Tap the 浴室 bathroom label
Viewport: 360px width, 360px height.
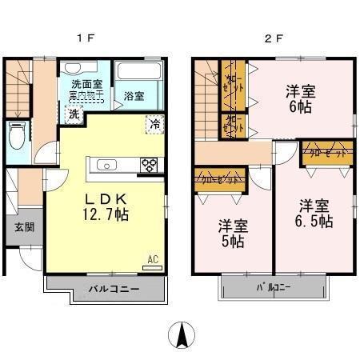(134, 96)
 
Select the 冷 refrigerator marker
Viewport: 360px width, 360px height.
(154, 124)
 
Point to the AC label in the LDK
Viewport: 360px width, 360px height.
(152, 259)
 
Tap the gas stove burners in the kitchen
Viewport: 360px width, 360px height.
(149, 166)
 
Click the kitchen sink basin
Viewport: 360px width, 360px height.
(107, 166)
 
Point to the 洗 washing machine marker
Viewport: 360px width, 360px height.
(73, 114)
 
